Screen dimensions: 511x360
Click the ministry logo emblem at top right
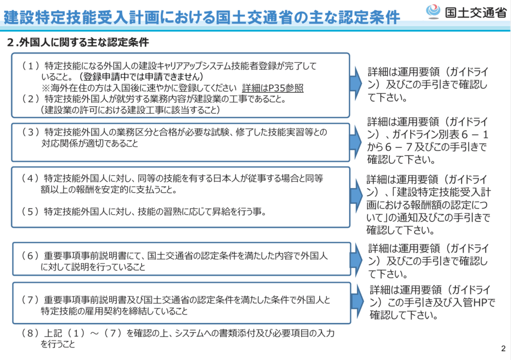point(433,12)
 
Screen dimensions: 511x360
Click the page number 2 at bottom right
point(504,348)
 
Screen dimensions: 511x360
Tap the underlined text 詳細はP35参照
point(272,88)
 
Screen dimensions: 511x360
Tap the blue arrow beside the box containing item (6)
point(356,260)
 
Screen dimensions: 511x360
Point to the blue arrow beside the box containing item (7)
point(357,301)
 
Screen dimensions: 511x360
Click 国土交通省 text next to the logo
point(476,12)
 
